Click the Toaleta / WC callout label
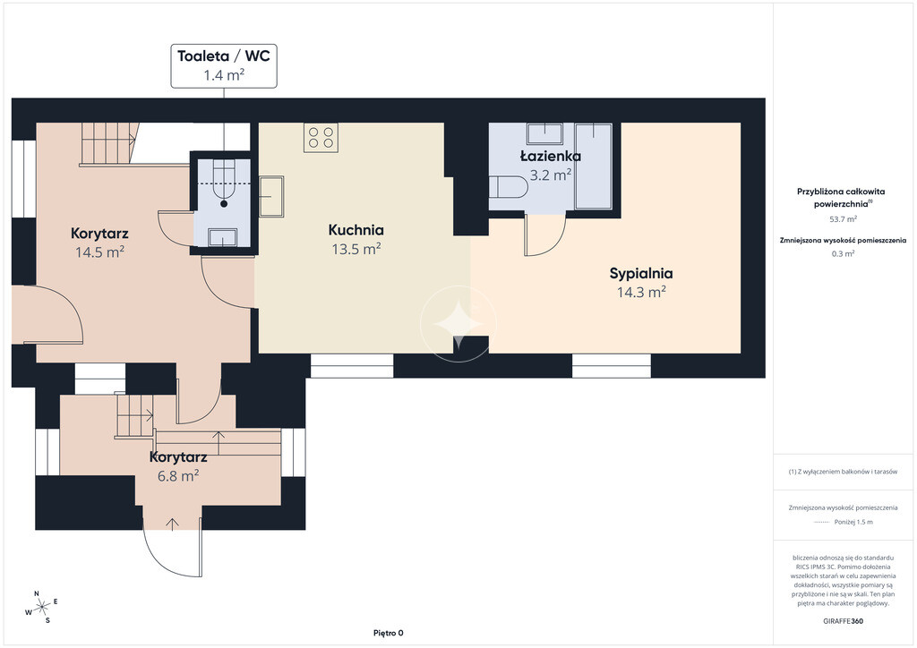coord(223,65)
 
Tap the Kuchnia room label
coord(356,230)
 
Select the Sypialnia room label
coord(641,273)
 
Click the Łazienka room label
coord(551,156)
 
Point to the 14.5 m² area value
coord(99,252)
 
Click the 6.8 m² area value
coord(178,475)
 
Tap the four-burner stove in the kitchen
coord(321,138)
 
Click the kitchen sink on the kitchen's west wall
coord(271,196)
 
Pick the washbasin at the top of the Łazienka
coord(544,134)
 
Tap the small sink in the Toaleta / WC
coord(223,237)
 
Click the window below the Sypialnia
coord(611,366)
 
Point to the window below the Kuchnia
coord(351,366)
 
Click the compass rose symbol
coord(41,607)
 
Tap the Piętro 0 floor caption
coord(389,633)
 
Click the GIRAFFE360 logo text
coord(843,621)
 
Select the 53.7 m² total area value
coord(843,219)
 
